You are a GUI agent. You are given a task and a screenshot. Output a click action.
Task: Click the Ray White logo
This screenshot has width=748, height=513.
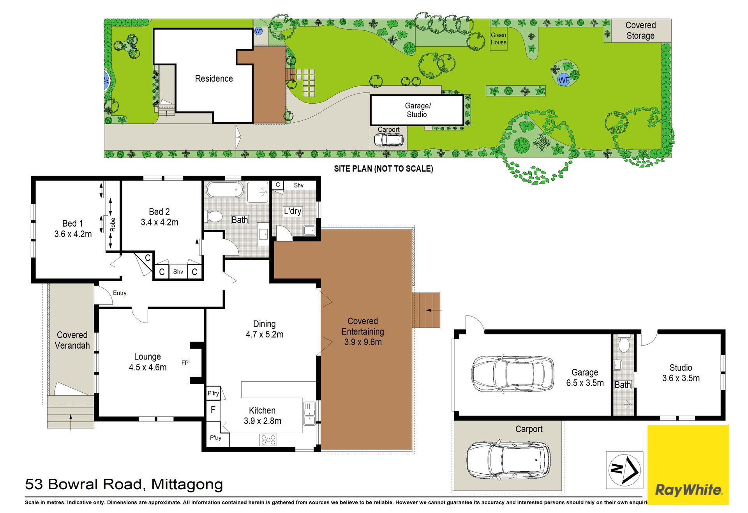[688, 465]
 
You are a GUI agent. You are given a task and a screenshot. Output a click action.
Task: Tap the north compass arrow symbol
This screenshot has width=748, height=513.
[625, 470]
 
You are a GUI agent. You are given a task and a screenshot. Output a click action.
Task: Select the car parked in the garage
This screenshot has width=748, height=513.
[513, 373]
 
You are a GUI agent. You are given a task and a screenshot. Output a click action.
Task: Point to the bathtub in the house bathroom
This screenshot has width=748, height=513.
[225, 190]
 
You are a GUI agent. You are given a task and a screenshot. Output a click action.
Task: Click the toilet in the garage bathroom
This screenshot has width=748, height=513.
[624, 344]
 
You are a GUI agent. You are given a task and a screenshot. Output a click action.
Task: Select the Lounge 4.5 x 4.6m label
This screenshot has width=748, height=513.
[148, 362]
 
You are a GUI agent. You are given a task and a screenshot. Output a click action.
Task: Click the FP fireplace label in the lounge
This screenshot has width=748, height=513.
[185, 363]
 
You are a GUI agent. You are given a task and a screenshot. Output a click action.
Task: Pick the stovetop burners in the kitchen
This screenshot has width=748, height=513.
[268, 440]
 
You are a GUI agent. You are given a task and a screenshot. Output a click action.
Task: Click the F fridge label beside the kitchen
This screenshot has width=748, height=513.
[213, 409]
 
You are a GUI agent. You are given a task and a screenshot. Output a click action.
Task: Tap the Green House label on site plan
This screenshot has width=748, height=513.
[499, 39]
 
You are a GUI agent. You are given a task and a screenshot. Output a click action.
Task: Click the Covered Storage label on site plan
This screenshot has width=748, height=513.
[640, 30]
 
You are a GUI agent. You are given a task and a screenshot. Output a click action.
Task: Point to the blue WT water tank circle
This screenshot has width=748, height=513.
[258, 31]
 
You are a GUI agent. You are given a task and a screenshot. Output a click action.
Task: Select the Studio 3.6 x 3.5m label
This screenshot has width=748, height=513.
[681, 373]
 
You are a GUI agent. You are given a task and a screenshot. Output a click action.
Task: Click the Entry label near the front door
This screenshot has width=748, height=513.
[120, 293]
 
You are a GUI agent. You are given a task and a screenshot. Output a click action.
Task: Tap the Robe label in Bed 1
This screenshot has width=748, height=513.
[113, 225]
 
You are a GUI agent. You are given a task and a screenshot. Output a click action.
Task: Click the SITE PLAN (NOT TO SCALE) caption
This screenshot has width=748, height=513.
[383, 169]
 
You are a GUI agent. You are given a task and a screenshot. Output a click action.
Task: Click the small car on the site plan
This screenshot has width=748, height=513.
[388, 139]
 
